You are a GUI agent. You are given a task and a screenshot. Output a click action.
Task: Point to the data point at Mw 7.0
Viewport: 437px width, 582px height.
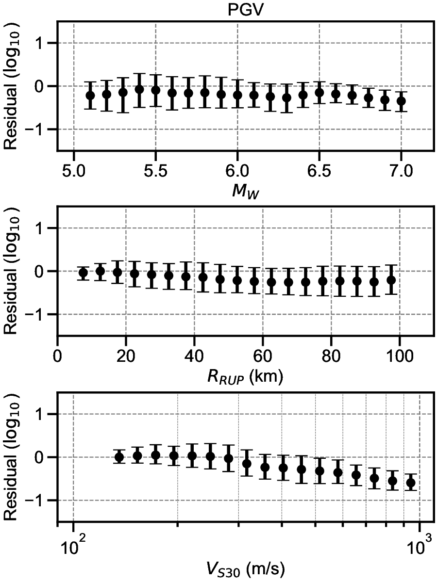point(401,101)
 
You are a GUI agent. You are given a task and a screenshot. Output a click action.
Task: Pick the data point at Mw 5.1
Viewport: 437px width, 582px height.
point(90,95)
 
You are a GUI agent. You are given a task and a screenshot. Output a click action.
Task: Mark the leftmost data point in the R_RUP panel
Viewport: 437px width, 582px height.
point(83,273)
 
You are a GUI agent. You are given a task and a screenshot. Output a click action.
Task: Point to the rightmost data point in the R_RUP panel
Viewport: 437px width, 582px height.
point(390,280)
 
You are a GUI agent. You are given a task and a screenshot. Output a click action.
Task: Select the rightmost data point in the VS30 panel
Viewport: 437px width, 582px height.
point(411,483)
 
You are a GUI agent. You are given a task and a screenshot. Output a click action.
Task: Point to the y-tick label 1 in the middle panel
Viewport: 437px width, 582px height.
point(45,228)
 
